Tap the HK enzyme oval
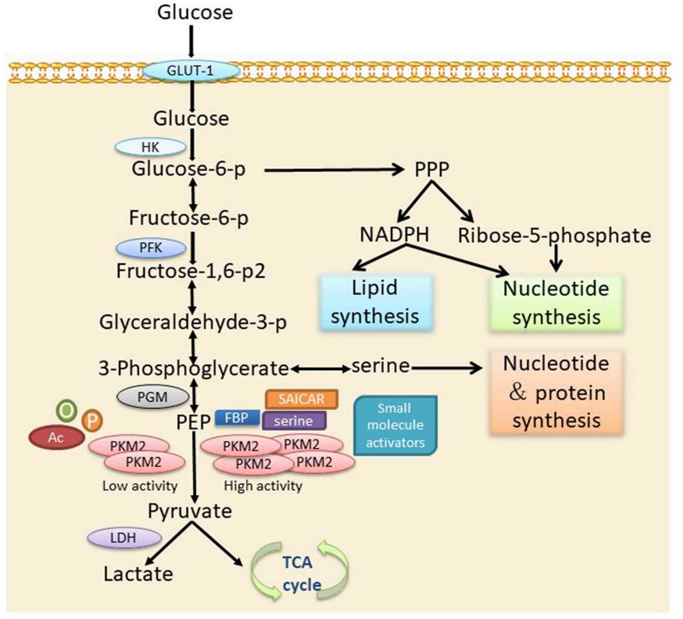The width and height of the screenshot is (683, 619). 151,147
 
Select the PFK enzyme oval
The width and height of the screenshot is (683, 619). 151,248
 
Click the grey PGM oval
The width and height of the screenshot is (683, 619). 152,397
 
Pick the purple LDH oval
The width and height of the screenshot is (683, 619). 123,537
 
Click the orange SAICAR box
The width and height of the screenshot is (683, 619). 301,399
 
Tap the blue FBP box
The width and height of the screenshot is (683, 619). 237,418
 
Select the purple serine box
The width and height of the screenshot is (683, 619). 294,421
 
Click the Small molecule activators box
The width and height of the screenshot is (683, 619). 395,425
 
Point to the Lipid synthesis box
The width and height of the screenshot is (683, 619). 375,302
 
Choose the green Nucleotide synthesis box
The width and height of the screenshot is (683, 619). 556,303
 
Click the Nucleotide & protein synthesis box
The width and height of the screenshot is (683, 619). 556,392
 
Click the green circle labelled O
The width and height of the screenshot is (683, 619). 67,411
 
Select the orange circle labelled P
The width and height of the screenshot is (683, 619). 92,421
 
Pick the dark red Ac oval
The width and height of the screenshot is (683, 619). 56,437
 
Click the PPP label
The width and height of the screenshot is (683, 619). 432,170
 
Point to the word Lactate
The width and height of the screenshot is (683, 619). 138,574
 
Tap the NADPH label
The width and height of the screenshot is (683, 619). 395,235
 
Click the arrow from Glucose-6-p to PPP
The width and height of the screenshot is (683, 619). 333,170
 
